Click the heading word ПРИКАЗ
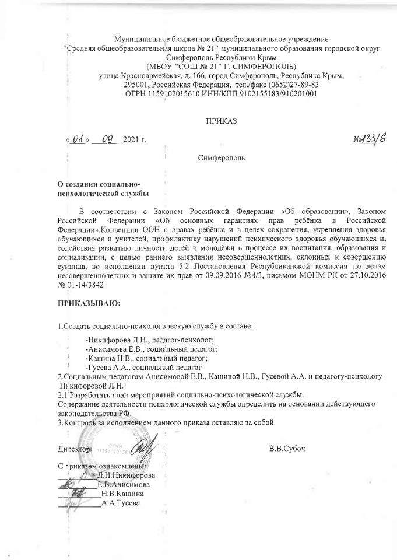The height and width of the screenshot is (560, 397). pyautogui.click(x=220, y=121)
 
